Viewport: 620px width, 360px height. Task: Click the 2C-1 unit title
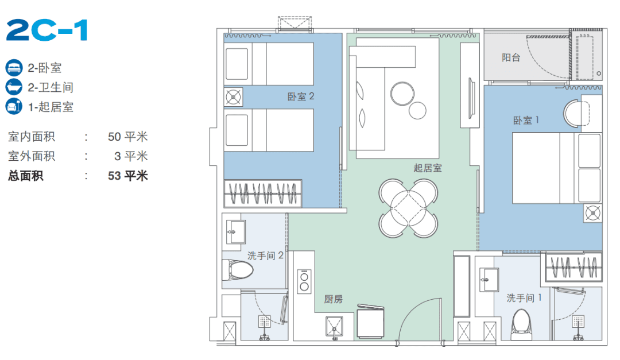coord(46,30)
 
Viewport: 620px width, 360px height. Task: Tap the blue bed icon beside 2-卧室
coord(14,68)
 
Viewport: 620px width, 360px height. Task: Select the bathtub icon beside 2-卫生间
coord(14,87)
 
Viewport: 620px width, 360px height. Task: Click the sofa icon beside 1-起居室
coord(14,106)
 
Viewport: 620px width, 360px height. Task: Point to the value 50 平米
coord(127,137)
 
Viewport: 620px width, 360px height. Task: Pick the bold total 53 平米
coord(127,176)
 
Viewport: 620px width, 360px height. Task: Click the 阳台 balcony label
coord(511,58)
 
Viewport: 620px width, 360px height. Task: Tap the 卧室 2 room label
coord(300,96)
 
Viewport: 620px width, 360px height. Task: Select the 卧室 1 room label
coord(526,120)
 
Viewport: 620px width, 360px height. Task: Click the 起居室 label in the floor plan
coord(428,168)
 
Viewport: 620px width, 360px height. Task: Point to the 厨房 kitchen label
coord(334,300)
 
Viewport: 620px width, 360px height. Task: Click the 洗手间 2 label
coord(265,256)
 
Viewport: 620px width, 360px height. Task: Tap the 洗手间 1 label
coord(524,298)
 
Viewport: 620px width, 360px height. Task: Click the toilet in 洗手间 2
coord(237,270)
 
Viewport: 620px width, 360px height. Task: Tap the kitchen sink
coord(335,328)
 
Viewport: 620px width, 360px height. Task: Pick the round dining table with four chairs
coord(409,208)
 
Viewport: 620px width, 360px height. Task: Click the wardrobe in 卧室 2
coord(263,194)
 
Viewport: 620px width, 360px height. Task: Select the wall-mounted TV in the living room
coord(471,98)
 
